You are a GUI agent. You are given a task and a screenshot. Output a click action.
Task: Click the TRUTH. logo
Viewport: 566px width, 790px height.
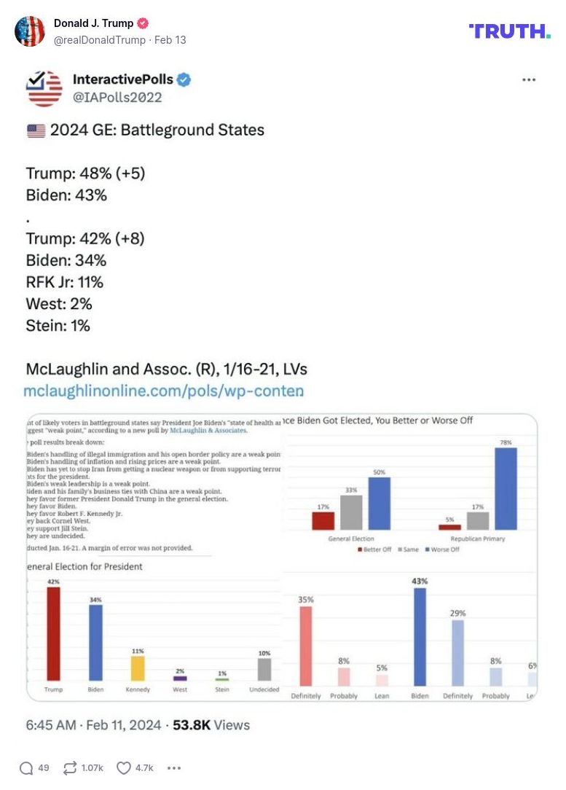coord(509,31)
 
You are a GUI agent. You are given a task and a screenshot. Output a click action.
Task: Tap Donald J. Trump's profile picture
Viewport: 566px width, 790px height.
coord(30,31)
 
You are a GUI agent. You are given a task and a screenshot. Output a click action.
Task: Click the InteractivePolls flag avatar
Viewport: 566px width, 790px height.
coord(44,88)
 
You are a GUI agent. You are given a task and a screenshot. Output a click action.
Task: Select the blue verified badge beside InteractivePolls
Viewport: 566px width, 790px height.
coord(184,80)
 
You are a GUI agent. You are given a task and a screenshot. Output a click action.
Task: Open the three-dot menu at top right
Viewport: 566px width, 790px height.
coord(529,80)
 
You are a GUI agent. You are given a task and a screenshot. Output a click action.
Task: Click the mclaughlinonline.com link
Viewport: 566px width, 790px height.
coord(164,391)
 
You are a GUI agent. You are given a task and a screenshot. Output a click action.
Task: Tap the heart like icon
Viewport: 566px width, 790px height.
coord(124,767)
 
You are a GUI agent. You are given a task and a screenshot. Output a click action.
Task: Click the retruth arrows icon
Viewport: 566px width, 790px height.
coord(71,767)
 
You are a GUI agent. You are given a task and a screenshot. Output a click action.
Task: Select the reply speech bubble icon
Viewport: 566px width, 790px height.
coord(26,767)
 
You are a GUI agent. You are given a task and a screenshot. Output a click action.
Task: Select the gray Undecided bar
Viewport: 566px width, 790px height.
coord(264,669)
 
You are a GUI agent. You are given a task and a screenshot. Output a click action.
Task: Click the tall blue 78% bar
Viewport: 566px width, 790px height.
coord(506,488)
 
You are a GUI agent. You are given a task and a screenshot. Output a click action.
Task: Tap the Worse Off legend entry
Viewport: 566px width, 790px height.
coord(443,550)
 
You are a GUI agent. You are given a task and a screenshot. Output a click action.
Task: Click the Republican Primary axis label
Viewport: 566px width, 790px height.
coord(477,539)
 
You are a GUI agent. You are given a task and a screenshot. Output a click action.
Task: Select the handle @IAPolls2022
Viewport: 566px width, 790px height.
coord(117,97)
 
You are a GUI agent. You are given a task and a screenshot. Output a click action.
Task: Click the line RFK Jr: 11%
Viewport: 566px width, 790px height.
coord(64,282)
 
